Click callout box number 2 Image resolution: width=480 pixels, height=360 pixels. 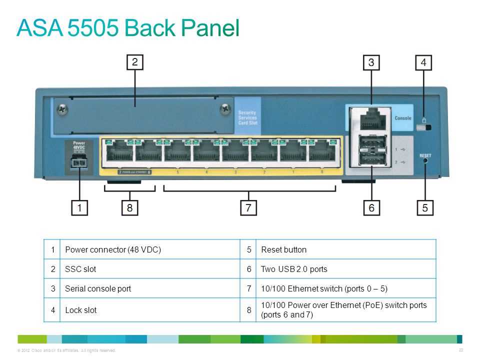coord(134,62)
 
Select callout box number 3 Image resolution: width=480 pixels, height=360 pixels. coord(371,62)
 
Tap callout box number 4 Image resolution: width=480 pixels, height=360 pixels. coord(423,62)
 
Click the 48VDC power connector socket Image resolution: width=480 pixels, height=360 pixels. coord(79,162)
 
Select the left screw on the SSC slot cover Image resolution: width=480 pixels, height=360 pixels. coord(62,107)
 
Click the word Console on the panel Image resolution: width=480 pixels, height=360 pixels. coord(403,118)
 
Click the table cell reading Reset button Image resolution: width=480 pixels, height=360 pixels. coord(284,249)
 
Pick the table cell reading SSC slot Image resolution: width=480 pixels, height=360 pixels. coord(80,269)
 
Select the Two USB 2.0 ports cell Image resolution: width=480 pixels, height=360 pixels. coord(294,269)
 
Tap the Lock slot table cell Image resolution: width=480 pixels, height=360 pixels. coord(81,310)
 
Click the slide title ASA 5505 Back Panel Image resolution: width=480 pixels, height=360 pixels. coord(128,28)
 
